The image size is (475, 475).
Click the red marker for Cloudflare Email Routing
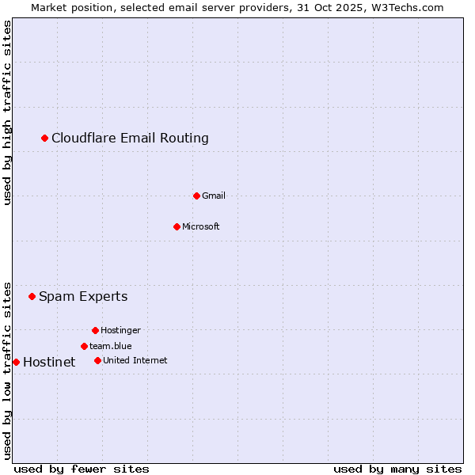45,139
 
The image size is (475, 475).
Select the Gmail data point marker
197,196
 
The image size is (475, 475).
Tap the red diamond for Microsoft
177,226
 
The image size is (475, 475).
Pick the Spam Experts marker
32,297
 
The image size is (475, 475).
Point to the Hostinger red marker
95,330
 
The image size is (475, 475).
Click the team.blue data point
84,346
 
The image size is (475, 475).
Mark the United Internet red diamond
97,360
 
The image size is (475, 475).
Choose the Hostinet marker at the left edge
16,362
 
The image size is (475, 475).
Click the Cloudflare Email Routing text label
130,139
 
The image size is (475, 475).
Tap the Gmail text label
214,196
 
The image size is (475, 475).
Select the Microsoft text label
201,226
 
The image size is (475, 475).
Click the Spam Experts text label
83,297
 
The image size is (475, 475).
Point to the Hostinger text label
120,330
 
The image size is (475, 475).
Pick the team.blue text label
111,346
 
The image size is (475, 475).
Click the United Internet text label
135,360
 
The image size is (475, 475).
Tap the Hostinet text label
49,363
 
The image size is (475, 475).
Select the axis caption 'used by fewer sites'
82,469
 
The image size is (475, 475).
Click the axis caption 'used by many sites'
397,469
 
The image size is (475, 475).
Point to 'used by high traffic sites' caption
7,112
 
